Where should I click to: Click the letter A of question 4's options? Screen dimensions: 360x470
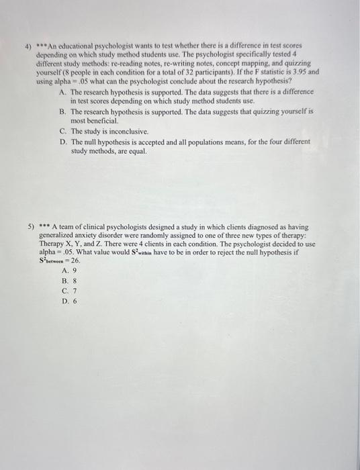click(62, 91)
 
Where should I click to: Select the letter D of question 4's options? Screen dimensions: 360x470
click(62, 142)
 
